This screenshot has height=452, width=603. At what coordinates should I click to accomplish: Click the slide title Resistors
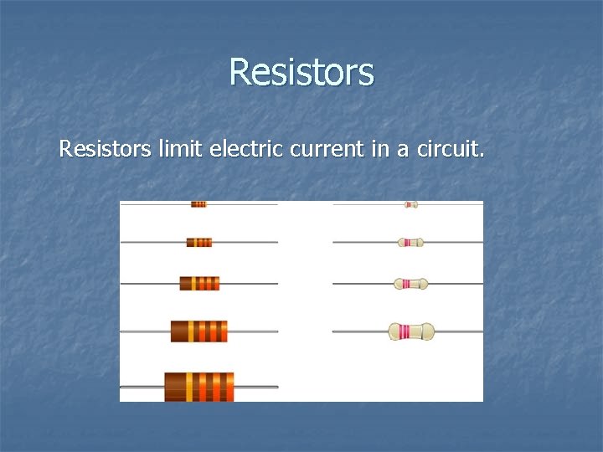pyautogui.click(x=301, y=72)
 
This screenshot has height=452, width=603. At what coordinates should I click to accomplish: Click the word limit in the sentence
pyautogui.click(x=179, y=150)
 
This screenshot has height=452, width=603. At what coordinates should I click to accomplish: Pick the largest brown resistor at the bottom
pyautogui.click(x=199, y=387)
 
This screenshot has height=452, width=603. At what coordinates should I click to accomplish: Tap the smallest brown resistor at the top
pyautogui.click(x=198, y=204)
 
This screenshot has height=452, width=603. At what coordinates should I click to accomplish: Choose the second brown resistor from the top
pyautogui.click(x=199, y=243)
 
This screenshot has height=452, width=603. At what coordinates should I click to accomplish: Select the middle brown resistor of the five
pyautogui.click(x=199, y=283)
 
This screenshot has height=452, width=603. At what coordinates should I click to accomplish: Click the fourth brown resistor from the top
pyautogui.click(x=199, y=331)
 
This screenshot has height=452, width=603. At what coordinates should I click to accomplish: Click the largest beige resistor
pyautogui.click(x=411, y=331)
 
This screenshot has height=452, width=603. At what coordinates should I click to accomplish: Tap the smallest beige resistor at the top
pyautogui.click(x=410, y=204)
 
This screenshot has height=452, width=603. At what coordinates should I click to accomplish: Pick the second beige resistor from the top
pyautogui.click(x=410, y=243)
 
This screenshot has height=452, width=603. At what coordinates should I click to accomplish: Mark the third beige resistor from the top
pyautogui.click(x=410, y=284)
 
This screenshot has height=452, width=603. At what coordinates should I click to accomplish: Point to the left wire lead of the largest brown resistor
pyautogui.click(x=142, y=387)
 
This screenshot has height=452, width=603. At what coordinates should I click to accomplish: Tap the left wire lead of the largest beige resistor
pyautogui.click(x=360, y=331)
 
